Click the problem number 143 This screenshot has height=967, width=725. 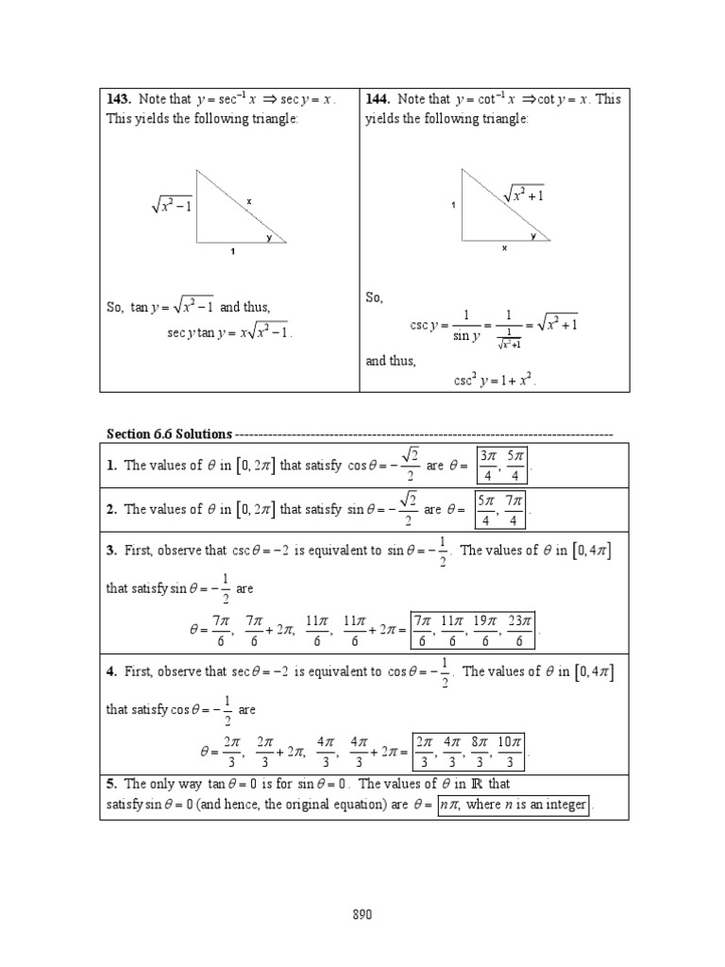119,99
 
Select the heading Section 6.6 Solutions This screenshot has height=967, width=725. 169,433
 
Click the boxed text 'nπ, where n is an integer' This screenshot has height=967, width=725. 514,806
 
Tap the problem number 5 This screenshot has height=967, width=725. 110,784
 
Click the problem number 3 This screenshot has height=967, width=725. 110,551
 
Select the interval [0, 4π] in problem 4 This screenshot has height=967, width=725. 593,672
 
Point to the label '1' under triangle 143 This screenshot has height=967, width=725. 233,252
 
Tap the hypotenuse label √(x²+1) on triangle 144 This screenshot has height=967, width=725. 524,195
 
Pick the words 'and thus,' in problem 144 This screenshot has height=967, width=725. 392,361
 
